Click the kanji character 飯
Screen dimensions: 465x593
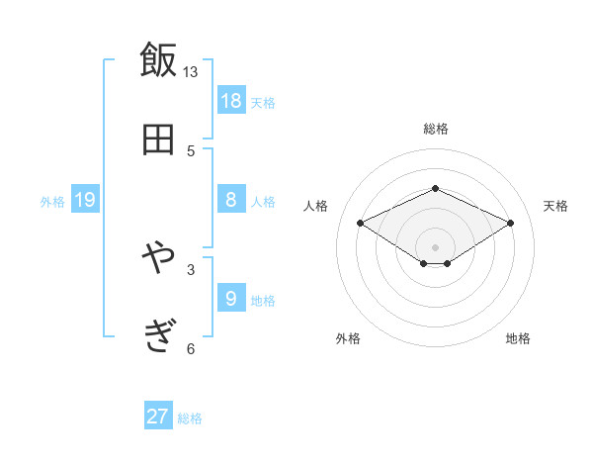tap(158, 60)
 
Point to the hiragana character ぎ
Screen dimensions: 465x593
tap(158, 336)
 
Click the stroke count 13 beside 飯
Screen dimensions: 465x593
tap(191, 72)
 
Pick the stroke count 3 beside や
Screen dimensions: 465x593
tap(191, 268)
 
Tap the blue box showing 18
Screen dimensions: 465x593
tap(231, 100)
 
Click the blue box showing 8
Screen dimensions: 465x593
tap(231, 199)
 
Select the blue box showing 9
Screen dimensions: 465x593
tap(231, 298)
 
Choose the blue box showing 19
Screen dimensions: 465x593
tap(85, 200)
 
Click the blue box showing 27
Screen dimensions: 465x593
tap(158, 417)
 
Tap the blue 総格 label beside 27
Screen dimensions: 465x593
tap(190, 418)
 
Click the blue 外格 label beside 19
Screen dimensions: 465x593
tap(52, 202)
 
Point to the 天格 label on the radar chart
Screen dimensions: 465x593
tap(555, 206)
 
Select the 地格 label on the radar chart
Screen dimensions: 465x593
tap(518, 338)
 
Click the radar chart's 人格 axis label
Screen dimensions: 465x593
tap(315, 206)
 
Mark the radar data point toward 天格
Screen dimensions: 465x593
tap(510, 223)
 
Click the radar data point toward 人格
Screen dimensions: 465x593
tap(361, 223)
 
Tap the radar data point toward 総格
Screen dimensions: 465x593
tap(435, 188)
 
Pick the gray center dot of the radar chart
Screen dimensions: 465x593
tap(435, 246)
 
